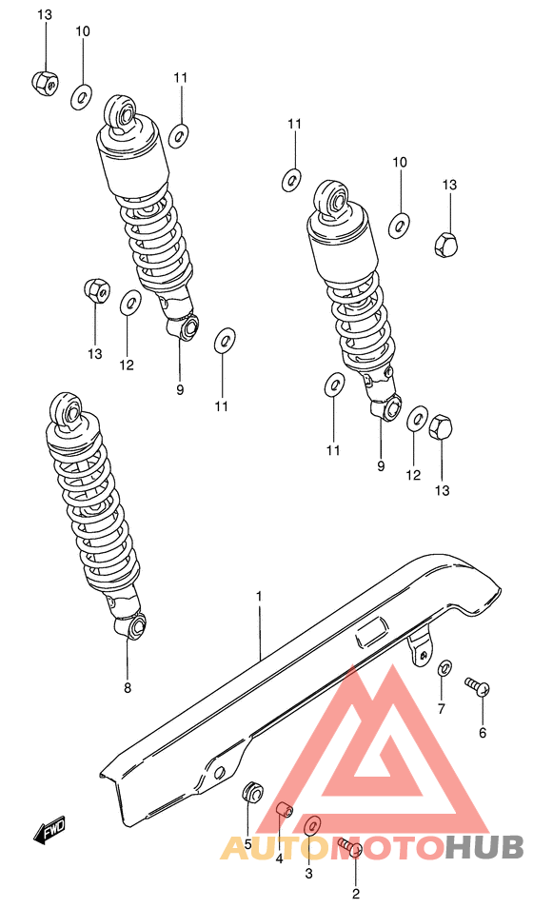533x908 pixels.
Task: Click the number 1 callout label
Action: pos(258,597)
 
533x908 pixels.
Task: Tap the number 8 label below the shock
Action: pos(128,687)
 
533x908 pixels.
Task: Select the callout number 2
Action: pos(356,893)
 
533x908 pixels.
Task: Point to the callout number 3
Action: pos(308,873)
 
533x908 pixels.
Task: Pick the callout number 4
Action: pos(279,859)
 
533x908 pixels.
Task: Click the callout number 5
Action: pos(247,843)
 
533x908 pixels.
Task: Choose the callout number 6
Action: pos(482,733)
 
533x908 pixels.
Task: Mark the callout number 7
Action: pos(441,708)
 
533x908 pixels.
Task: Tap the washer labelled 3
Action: pos(312,824)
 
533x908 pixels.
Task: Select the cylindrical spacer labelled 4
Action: pos(283,810)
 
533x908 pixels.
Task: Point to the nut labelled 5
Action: pos(252,791)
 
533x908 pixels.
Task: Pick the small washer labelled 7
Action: pos(444,668)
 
